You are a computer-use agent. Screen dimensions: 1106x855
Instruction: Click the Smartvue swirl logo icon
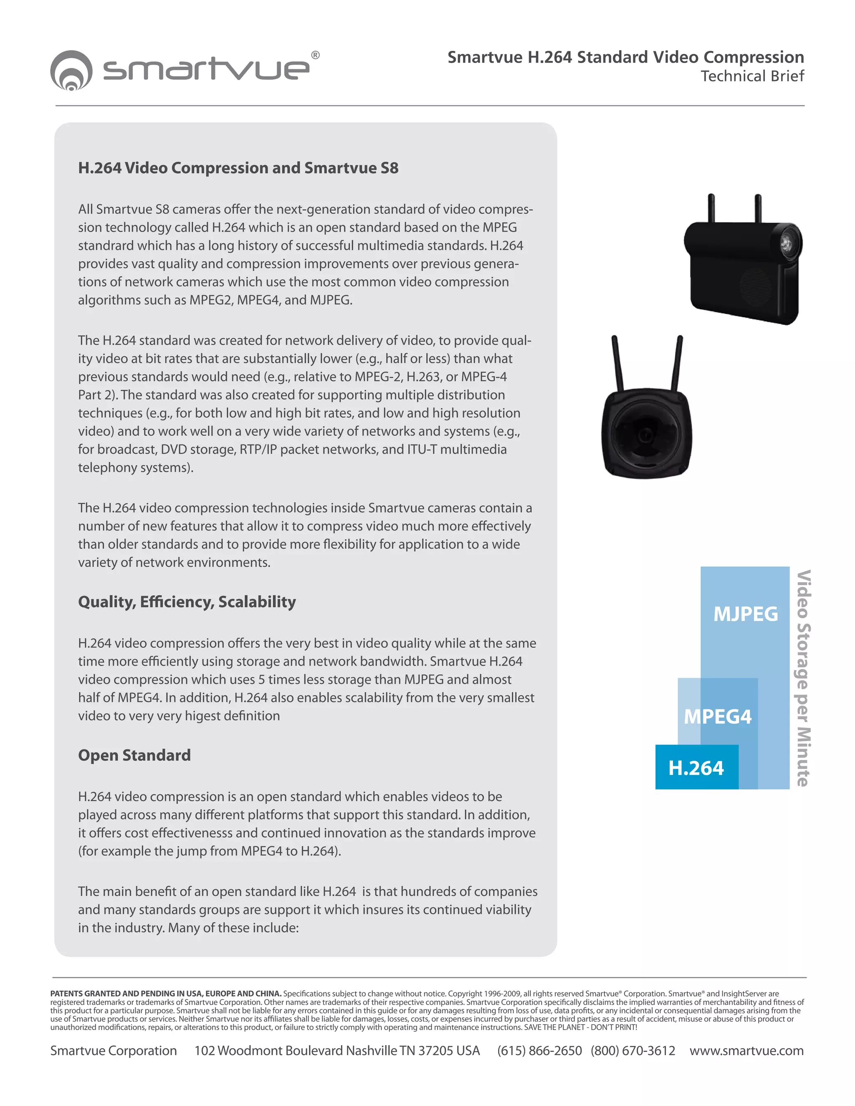[x=71, y=71]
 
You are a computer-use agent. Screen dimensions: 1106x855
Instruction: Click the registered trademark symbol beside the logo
[x=315, y=55]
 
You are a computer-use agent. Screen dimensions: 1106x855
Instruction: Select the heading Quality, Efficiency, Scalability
[x=187, y=601]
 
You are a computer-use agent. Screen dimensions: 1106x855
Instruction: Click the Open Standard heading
[x=134, y=755]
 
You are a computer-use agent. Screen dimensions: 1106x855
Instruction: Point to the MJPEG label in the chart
[x=745, y=614]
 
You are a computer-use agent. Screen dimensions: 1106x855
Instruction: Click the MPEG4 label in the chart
[x=717, y=717]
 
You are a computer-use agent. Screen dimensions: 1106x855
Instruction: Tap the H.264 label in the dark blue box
[x=696, y=768]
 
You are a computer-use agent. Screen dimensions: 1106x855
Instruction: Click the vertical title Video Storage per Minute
[x=803, y=678]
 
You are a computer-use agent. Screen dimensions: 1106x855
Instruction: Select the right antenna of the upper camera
[x=758, y=207]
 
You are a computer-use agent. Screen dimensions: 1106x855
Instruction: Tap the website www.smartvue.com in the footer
[x=746, y=1051]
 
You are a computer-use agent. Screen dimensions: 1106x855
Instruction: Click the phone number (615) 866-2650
[x=539, y=1051]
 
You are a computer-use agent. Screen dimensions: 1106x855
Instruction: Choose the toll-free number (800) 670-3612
[x=632, y=1051]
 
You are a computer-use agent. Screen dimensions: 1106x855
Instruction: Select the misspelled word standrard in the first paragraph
[x=106, y=245]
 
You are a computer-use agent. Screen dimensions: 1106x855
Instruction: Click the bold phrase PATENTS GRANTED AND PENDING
[x=166, y=994]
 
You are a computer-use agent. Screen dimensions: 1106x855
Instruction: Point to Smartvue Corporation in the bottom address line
[x=114, y=1051]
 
